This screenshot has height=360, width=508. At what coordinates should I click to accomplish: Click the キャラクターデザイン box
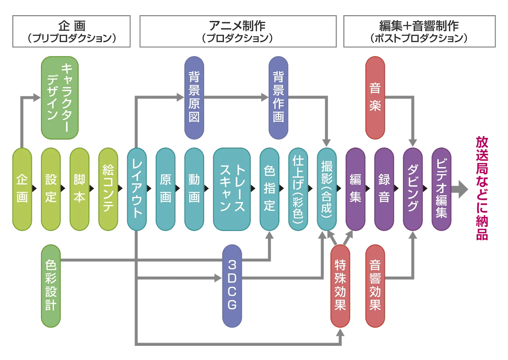click(x=60, y=97)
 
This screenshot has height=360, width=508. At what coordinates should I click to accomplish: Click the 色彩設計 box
click(x=51, y=286)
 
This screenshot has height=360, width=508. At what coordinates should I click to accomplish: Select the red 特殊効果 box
click(x=340, y=286)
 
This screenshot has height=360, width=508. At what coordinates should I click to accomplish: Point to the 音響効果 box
click(x=375, y=286)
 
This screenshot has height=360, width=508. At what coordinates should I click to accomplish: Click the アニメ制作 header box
click(x=238, y=31)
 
